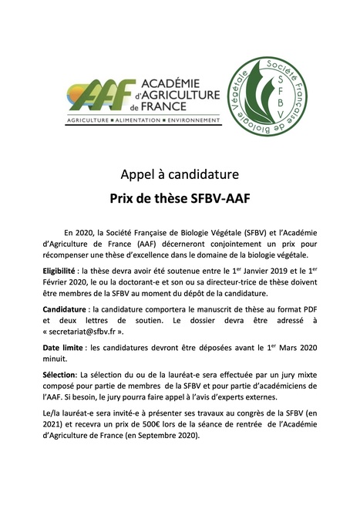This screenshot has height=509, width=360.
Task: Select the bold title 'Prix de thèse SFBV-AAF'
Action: [180, 197]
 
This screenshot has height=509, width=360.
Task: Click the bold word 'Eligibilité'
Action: [64, 271]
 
